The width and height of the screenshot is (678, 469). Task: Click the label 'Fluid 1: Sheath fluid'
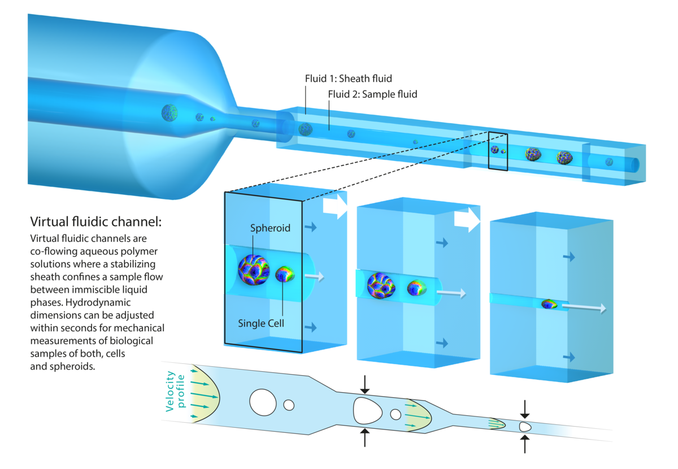(x=348, y=79)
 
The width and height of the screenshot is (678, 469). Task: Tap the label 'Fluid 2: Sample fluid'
(x=372, y=94)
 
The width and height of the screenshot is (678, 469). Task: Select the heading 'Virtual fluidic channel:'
(x=96, y=221)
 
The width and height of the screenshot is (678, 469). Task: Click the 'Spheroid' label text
(x=271, y=228)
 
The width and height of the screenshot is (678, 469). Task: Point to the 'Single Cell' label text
(x=260, y=323)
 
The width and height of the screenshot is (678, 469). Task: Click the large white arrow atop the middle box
(x=467, y=219)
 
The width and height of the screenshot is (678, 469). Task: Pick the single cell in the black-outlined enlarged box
(x=285, y=275)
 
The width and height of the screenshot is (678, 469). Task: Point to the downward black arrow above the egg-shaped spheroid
(x=365, y=384)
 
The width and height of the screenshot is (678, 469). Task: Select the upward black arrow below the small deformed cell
(x=525, y=445)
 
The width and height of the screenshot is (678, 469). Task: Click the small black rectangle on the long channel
(x=498, y=151)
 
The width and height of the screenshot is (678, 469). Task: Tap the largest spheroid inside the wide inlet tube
(x=169, y=112)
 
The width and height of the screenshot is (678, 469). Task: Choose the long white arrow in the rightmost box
(x=584, y=308)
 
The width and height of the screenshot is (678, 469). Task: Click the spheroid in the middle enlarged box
(x=380, y=285)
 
